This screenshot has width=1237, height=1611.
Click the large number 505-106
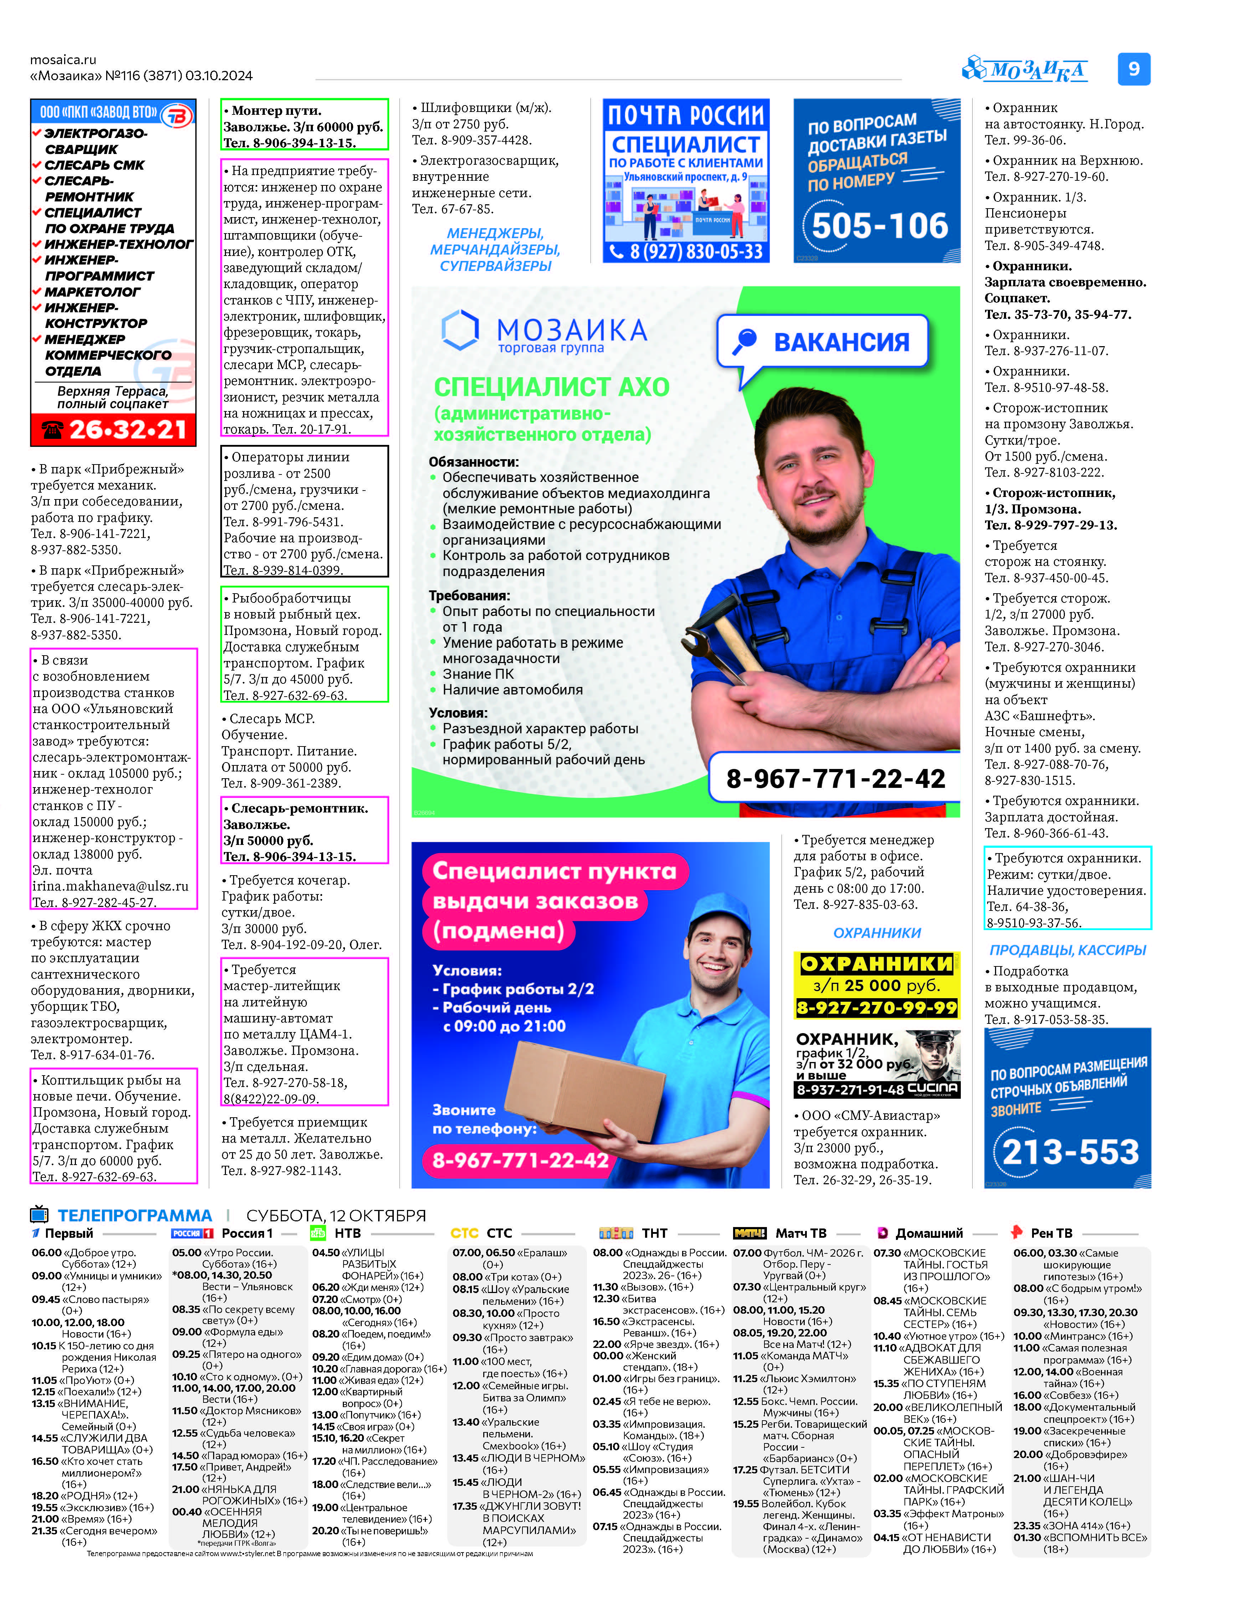[880, 226]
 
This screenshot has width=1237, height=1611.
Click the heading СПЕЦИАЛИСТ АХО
[551, 387]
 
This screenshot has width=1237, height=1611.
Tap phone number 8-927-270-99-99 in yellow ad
[877, 1008]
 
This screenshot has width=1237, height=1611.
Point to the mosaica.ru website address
[63, 60]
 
